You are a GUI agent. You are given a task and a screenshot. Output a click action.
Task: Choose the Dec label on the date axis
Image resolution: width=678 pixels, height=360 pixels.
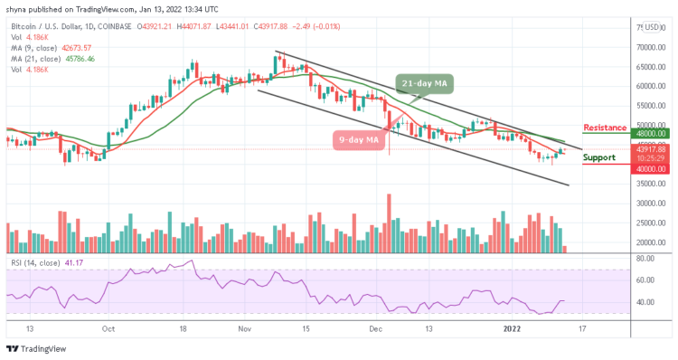point(373,330)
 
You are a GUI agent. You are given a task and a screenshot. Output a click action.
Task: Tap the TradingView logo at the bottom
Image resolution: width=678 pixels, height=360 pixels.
point(36,349)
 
